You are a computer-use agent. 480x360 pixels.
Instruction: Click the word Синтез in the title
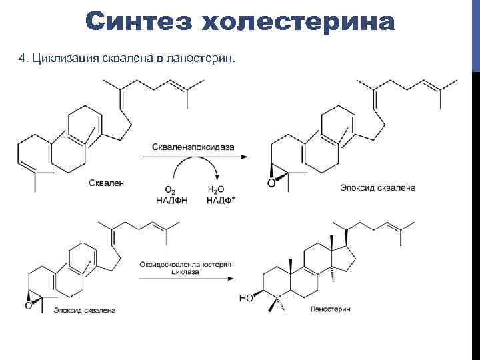pos(137,23)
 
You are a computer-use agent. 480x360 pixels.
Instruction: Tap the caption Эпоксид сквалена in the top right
pos(377,188)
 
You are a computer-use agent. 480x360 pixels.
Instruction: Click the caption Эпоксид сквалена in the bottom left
pos(85,310)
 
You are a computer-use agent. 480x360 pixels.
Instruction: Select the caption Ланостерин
pos(330,310)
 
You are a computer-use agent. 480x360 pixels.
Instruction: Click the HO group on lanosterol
pos(245,298)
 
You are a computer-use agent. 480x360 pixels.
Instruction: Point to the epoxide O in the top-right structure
pos(270,183)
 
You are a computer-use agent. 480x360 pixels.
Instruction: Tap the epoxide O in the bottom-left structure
pos(28,306)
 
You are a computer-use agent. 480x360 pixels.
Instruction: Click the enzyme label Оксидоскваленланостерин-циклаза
pos(186,268)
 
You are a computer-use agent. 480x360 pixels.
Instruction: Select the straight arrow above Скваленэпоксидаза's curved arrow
pos(193,156)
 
